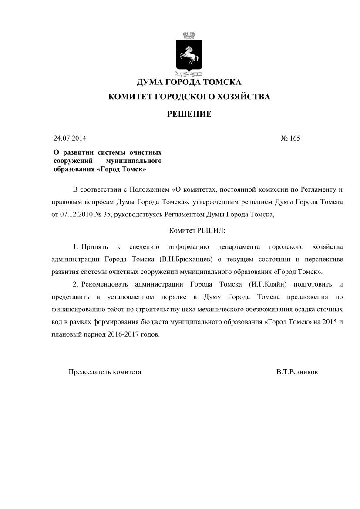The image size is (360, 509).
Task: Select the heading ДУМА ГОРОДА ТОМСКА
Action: (189, 82)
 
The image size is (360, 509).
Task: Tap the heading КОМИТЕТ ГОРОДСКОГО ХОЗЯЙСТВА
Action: (189, 97)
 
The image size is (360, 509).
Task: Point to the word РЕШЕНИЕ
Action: (189, 115)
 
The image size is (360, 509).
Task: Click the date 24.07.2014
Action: (70, 139)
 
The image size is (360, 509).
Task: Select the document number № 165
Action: (290, 139)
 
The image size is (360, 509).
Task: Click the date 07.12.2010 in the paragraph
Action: (74, 215)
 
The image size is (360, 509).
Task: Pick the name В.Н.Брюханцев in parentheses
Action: (186, 260)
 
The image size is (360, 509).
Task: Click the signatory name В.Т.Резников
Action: (297, 373)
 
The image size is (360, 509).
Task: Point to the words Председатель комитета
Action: (105, 373)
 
